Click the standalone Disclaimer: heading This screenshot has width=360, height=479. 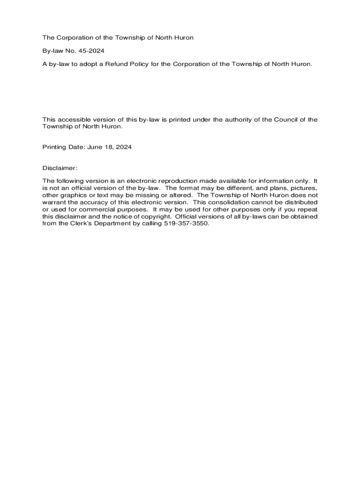pos(60,167)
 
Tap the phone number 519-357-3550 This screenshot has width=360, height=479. pos(186,223)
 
